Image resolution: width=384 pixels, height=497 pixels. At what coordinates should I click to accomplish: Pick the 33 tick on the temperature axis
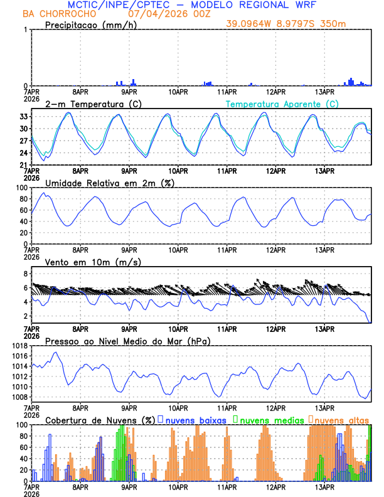coord(23,117)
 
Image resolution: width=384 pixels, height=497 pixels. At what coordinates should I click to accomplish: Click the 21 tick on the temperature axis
coord(23,165)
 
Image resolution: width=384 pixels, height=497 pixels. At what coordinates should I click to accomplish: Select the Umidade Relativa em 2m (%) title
coord(109,183)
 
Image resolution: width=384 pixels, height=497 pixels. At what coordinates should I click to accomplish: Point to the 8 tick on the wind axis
coord(26,274)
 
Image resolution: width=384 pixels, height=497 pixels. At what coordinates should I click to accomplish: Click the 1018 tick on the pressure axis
coord(19,346)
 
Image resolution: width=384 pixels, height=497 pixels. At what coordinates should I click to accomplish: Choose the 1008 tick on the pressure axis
coord(19,397)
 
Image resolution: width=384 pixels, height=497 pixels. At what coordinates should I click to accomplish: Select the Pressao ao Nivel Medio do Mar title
coord(127,341)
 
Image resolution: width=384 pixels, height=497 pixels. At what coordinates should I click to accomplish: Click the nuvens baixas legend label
coord(196,420)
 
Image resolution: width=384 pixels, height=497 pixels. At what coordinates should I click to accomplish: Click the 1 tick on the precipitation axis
coord(26,30)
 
